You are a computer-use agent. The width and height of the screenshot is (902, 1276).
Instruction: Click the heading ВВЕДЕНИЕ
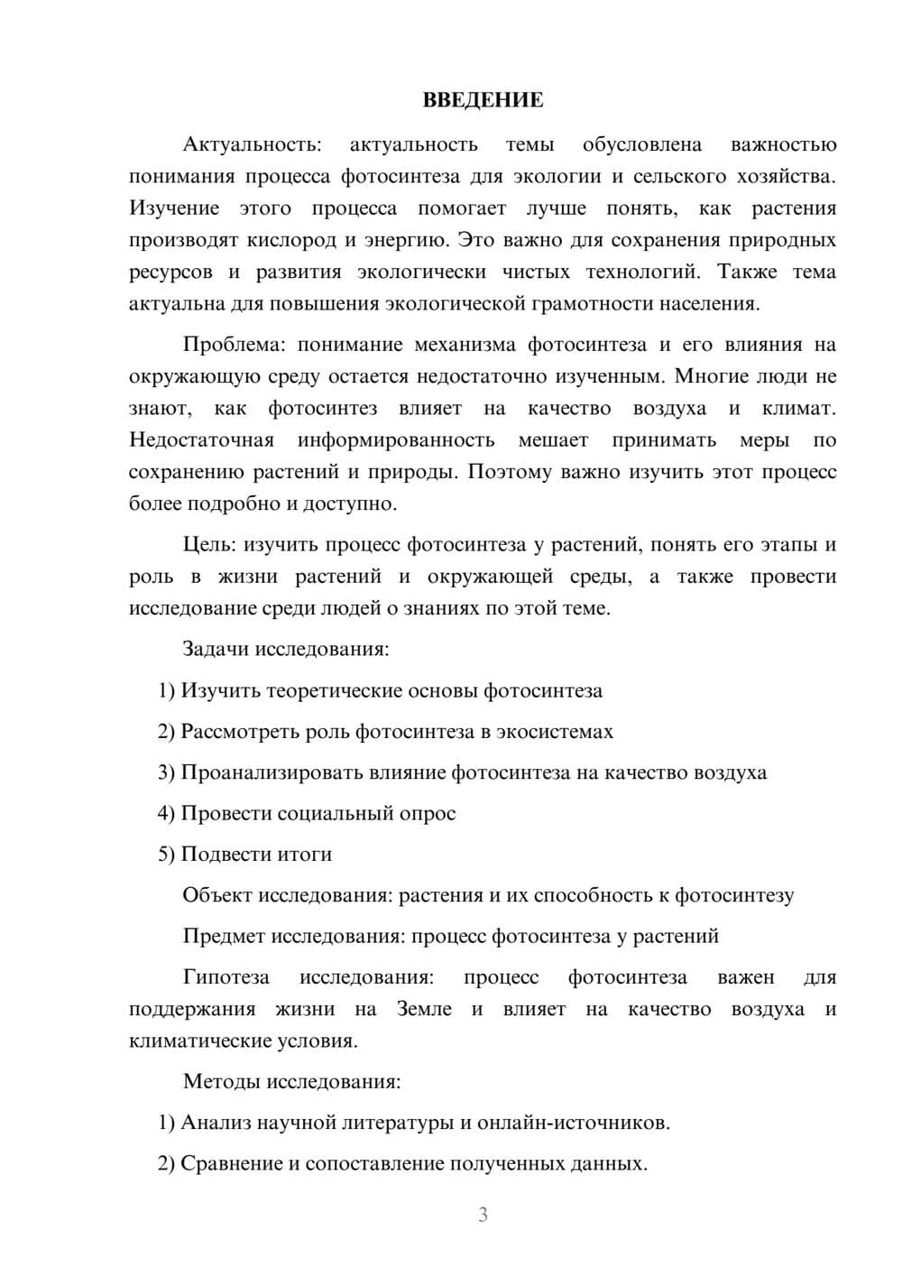tap(483, 100)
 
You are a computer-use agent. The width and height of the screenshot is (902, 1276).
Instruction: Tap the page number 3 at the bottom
tap(483, 1215)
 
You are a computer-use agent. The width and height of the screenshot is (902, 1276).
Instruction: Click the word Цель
tap(209, 545)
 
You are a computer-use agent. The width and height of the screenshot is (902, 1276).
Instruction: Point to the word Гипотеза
tap(225, 977)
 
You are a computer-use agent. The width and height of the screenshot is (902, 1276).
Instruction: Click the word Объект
tap(217, 895)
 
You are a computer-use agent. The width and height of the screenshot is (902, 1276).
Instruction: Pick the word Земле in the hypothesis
tap(424, 1009)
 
